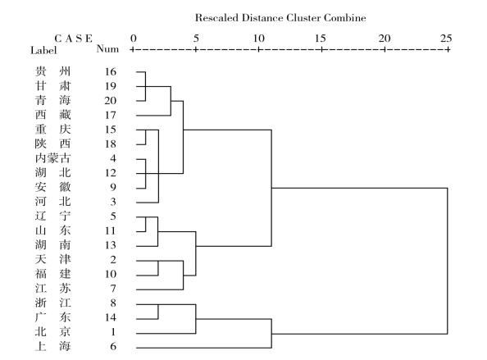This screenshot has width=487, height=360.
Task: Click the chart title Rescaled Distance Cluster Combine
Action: [x=280, y=18]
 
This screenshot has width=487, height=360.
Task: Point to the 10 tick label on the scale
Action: [x=258, y=39]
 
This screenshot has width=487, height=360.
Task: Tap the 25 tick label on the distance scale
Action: [x=446, y=39]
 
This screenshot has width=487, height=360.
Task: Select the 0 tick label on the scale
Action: [x=134, y=39]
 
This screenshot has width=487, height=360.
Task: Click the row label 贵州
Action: [x=52, y=71]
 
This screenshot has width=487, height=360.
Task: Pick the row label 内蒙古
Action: [x=52, y=158]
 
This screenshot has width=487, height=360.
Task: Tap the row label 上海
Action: [x=52, y=346]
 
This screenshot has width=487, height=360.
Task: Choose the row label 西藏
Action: [x=52, y=115]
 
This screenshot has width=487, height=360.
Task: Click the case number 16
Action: [x=110, y=71]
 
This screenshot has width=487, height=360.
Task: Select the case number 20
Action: [x=110, y=101]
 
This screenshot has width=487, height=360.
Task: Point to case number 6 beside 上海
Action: [x=113, y=346]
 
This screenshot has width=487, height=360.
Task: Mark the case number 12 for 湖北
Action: [x=110, y=173]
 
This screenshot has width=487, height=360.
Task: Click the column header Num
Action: [x=107, y=48]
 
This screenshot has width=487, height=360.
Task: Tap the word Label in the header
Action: [x=43, y=50]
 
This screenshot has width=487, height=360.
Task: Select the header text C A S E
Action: [x=73, y=39]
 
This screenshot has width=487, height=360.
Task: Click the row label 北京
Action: [x=52, y=331]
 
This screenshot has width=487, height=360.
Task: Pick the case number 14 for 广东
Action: [x=110, y=317]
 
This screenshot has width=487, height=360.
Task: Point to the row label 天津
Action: [x=52, y=259]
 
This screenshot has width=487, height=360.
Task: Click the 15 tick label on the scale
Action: [x=321, y=39]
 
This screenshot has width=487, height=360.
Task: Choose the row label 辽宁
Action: [x=52, y=216]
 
